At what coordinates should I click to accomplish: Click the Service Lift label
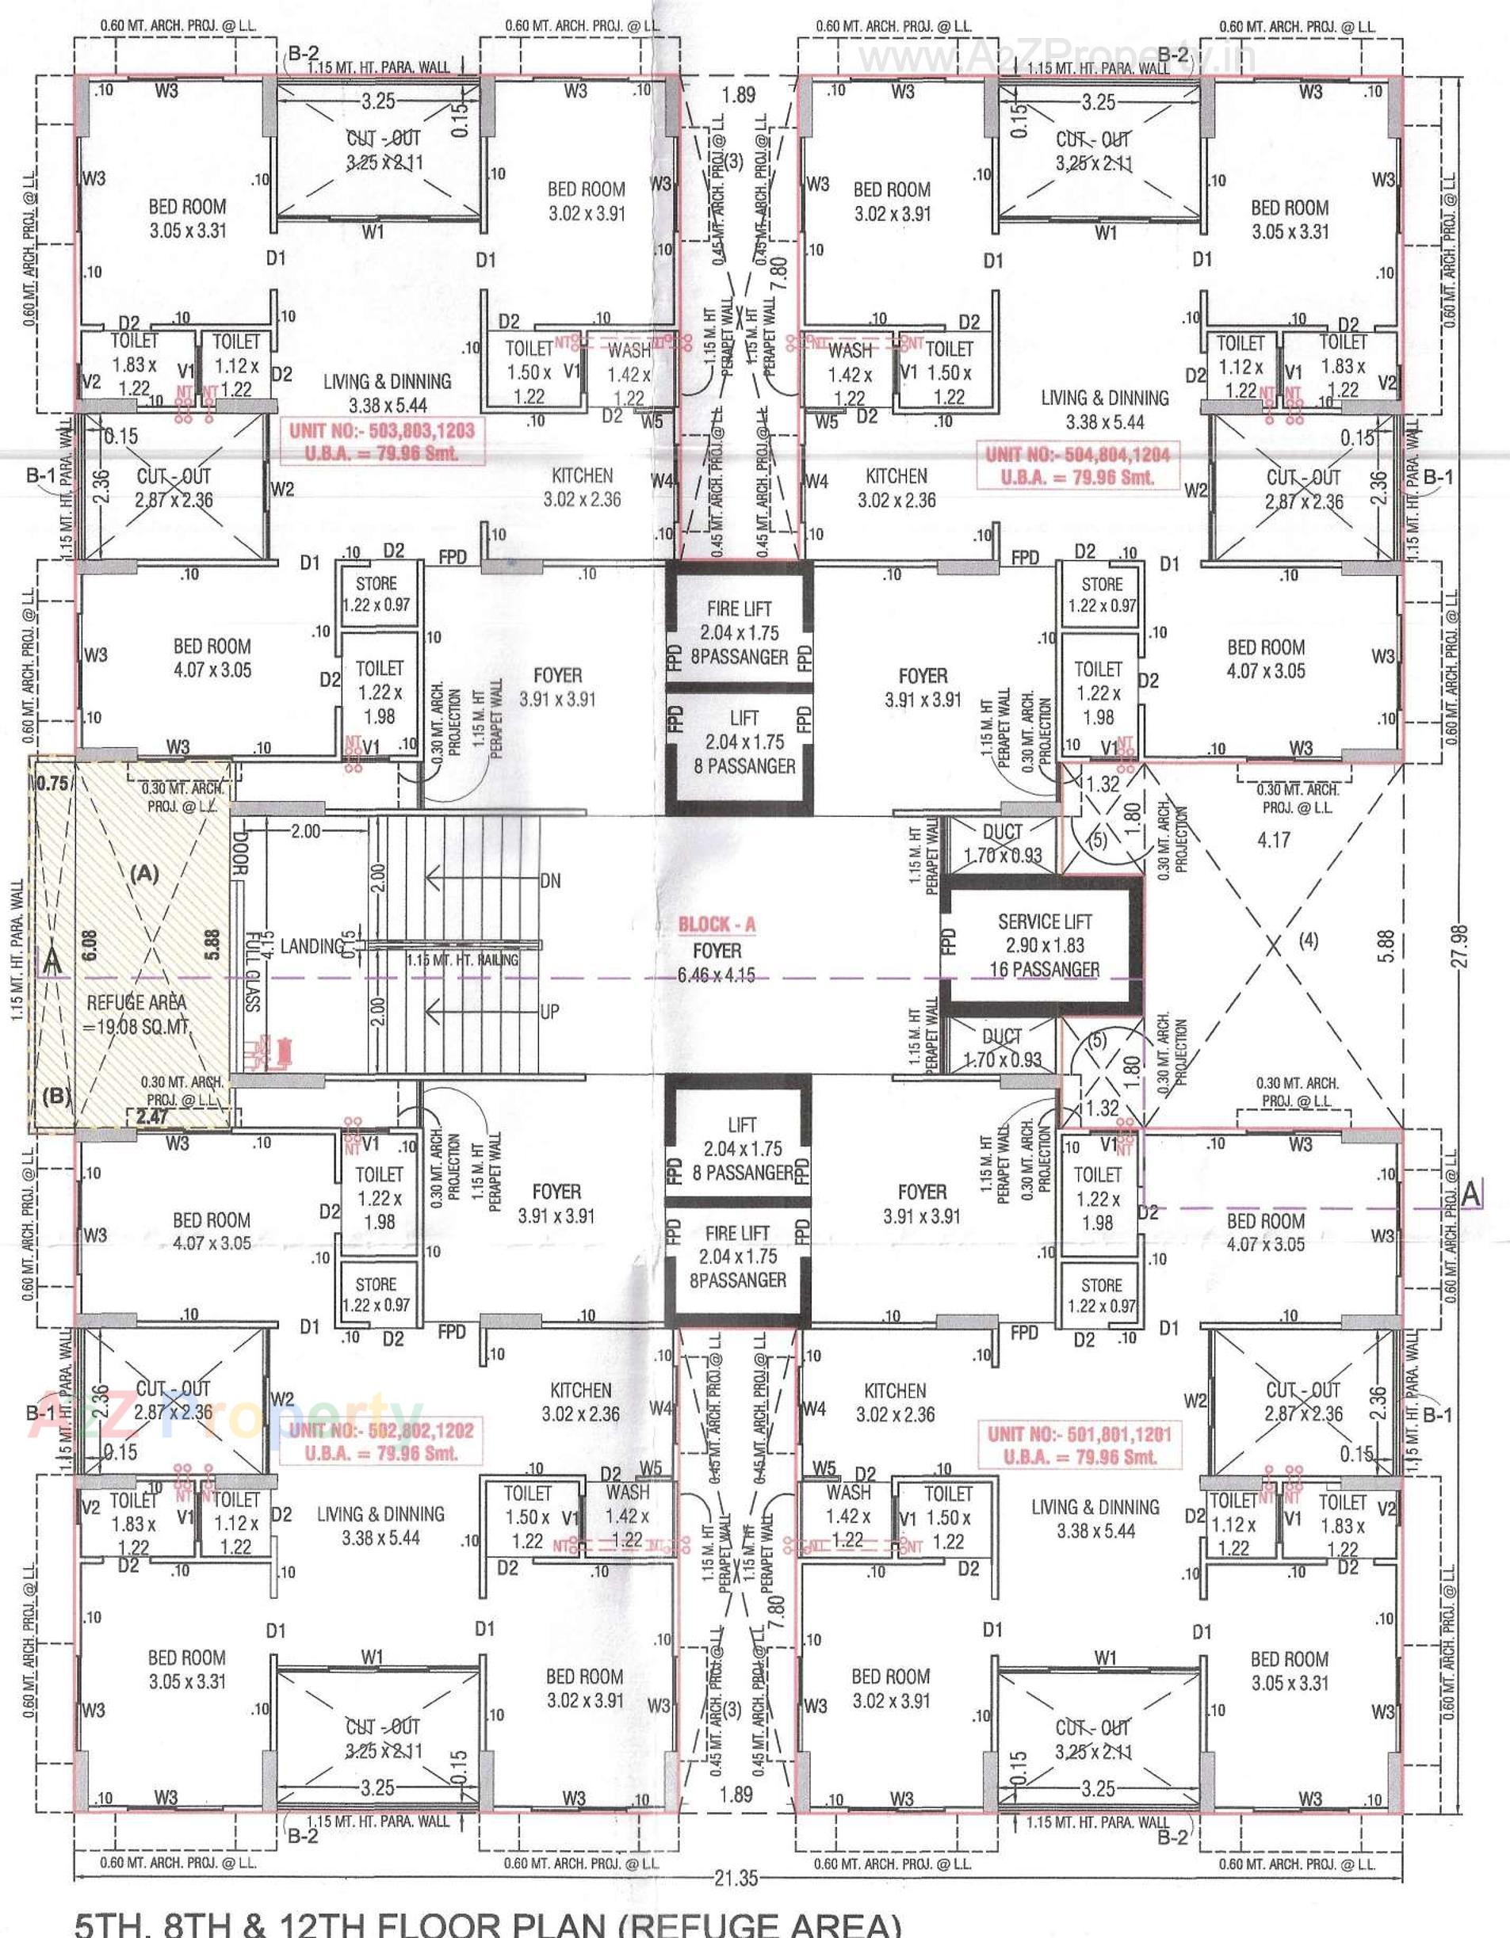click(1044, 921)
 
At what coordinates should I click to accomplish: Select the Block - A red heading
click(717, 925)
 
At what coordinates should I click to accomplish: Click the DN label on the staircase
click(550, 880)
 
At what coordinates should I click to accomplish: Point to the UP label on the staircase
click(549, 1011)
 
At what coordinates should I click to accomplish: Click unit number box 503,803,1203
click(382, 442)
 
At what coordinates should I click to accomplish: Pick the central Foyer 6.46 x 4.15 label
click(717, 963)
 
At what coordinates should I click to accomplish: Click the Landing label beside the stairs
click(312, 946)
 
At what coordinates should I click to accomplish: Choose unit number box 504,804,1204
click(1078, 466)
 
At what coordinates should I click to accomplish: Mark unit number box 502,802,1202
click(382, 1441)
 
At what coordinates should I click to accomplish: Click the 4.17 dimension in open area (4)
click(1273, 838)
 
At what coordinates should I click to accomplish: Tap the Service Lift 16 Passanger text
click(1044, 969)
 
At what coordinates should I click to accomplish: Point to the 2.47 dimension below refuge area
click(152, 1117)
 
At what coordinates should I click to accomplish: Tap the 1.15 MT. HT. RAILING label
click(462, 959)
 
